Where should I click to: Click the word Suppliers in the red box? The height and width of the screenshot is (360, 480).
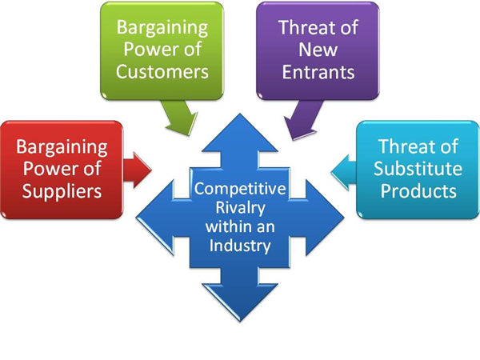(62, 192)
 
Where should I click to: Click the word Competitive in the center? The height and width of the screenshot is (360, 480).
(241, 189)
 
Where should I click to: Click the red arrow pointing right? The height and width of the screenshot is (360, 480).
(138, 169)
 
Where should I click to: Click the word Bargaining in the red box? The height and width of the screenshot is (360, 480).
(62, 147)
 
